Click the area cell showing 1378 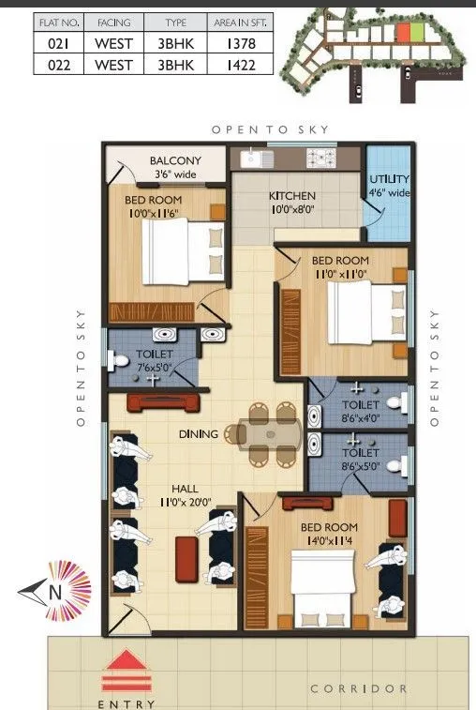(241, 42)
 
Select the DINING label (200, 434)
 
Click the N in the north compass (55, 592)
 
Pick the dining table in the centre (272, 433)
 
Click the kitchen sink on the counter (254, 159)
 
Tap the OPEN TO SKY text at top (270, 129)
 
